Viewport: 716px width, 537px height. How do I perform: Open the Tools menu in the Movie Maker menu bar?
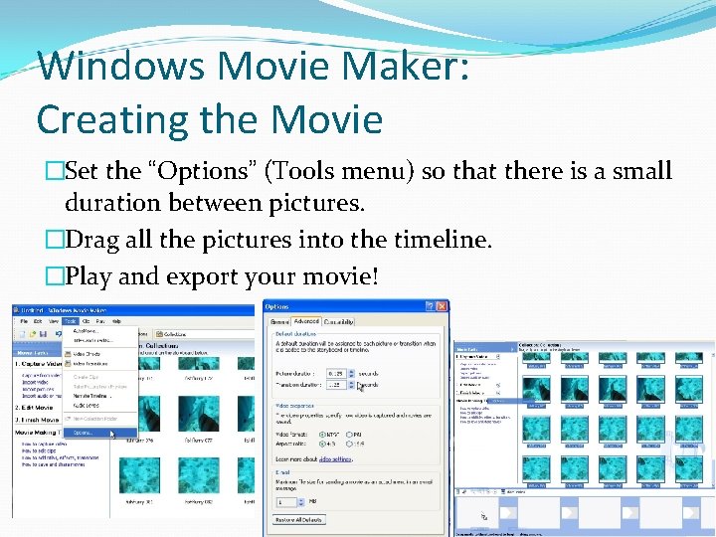coord(71,321)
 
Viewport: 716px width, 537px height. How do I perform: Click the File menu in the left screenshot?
coord(24,321)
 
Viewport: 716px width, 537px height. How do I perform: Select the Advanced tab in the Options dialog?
coord(305,321)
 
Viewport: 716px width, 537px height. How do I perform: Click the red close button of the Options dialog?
coord(441,306)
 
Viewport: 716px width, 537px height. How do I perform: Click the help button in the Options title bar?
coord(430,306)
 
